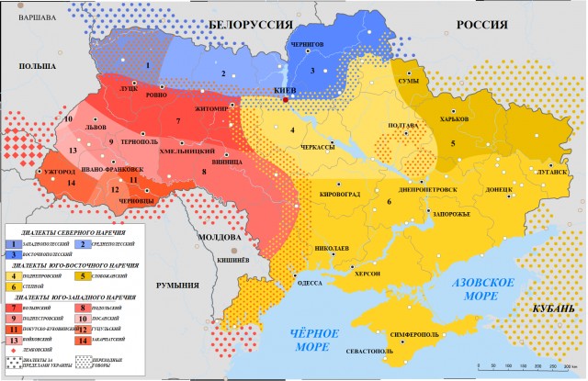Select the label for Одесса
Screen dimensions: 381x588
tap(310, 283)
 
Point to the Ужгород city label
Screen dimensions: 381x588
tap(59, 172)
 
